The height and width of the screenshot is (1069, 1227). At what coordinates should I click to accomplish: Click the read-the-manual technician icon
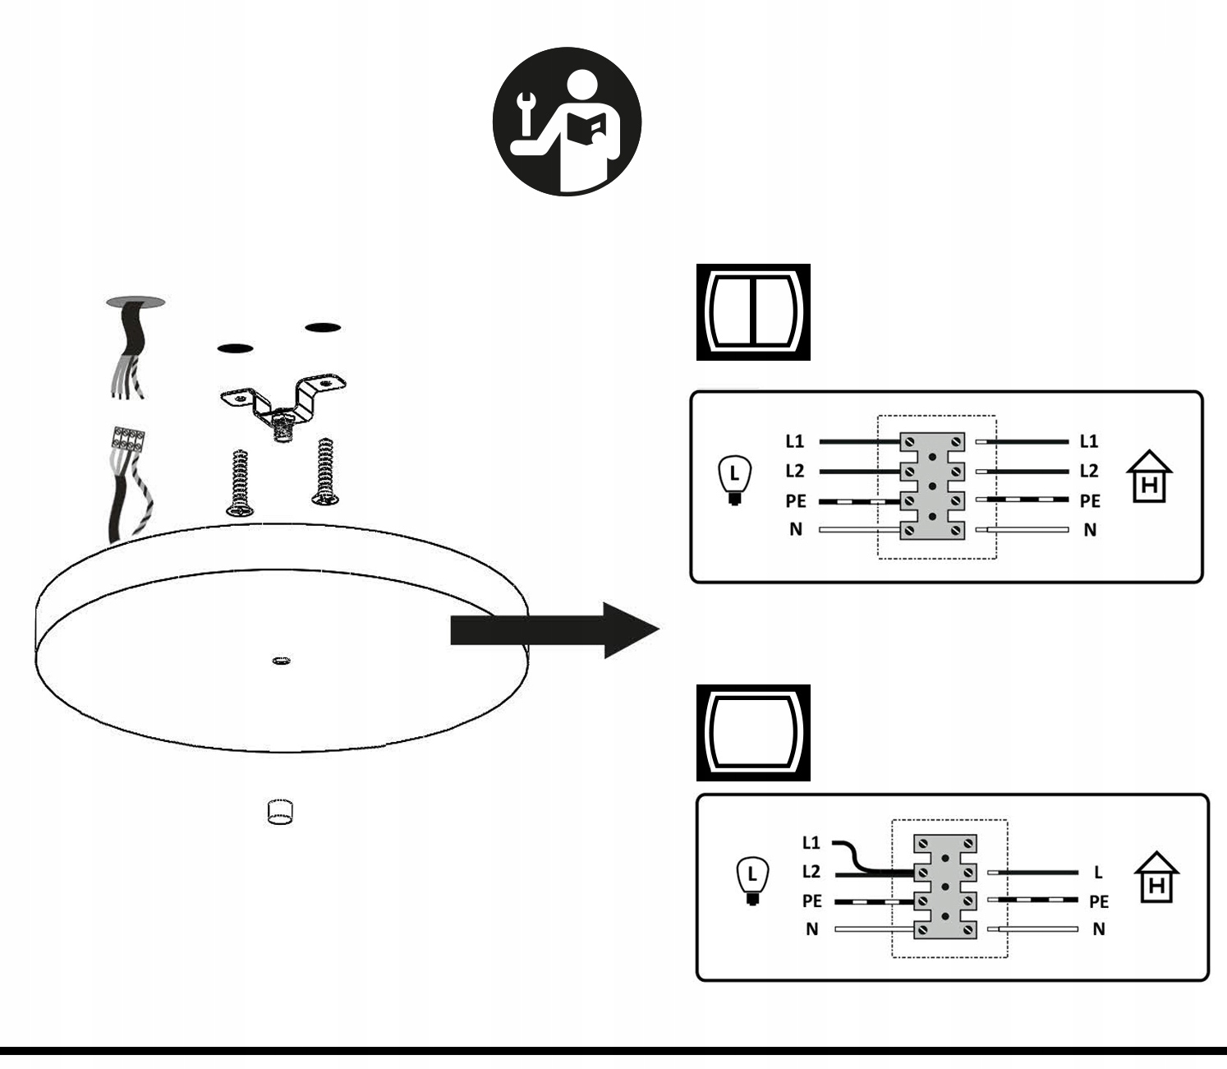567,122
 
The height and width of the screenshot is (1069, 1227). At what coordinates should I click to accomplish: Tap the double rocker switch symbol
753,312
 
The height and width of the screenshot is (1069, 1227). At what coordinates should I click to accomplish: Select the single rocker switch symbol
753,733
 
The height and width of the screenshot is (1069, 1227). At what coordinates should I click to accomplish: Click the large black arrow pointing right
555,630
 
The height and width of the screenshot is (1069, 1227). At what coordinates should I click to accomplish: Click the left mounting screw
239,482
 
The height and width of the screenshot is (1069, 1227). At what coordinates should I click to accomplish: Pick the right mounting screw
325,472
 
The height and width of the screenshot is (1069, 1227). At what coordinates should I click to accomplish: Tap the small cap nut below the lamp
280,811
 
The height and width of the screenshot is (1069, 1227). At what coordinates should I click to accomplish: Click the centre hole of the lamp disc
281,660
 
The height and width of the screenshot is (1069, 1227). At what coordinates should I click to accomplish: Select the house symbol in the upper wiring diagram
1149,477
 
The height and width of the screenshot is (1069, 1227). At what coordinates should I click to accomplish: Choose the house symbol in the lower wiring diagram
1156,878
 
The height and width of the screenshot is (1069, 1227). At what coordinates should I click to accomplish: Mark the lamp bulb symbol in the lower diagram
752,880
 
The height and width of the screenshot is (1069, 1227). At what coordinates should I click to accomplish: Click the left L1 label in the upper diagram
794,441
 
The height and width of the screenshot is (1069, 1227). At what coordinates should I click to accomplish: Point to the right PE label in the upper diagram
1090,501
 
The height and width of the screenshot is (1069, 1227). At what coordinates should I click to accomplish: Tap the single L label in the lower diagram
1098,872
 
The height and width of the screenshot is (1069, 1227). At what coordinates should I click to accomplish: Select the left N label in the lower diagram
811,929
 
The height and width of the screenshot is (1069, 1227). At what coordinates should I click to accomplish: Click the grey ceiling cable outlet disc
136,302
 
